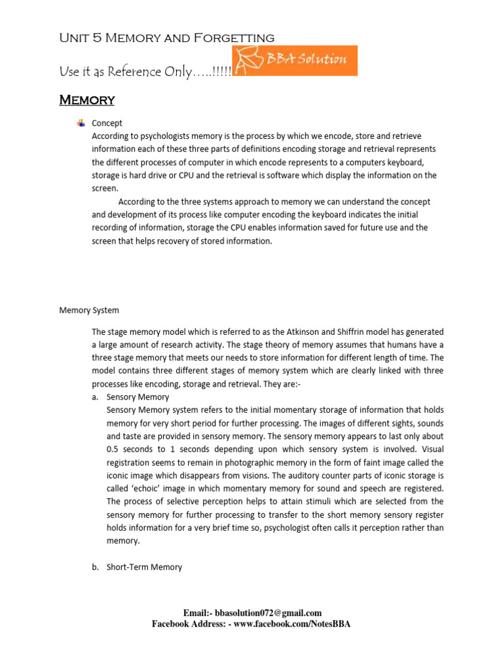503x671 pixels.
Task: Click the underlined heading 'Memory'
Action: tap(86, 100)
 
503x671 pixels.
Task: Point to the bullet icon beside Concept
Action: tap(81, 123)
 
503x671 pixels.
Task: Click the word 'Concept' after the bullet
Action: tap(107, 123)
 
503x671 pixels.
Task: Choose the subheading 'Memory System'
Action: tap(89, 310)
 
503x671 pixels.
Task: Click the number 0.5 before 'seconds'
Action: tap(113, 450)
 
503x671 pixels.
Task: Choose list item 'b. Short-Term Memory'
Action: tap(137, 567)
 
